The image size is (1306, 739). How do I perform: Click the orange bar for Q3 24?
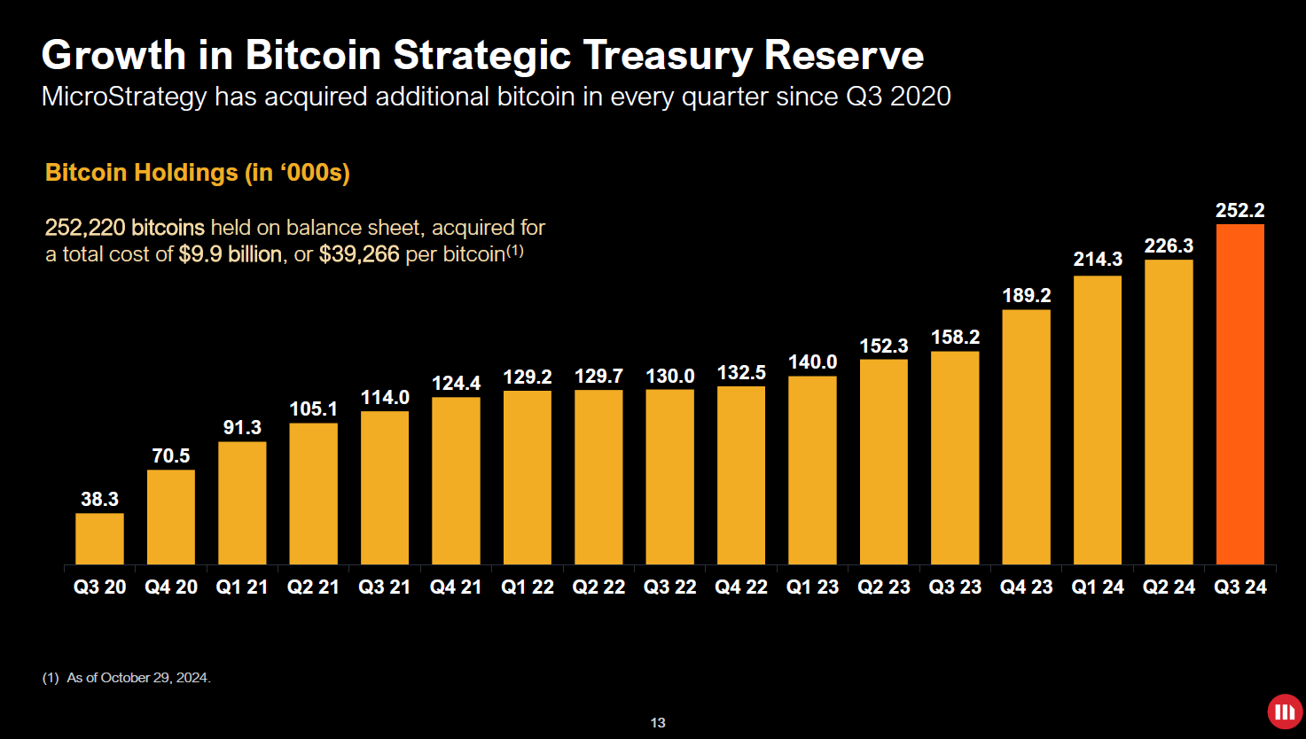(1240, 394)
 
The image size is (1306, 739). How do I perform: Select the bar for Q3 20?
(99, 539)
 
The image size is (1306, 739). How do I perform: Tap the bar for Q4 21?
(456, 480)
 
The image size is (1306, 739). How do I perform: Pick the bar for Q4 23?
(1026, 437)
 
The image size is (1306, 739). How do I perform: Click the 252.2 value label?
(1240, 211)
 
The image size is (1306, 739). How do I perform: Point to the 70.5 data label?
(170, 456)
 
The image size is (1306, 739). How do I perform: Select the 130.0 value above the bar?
(669, 377)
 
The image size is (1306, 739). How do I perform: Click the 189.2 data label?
(1026, 296)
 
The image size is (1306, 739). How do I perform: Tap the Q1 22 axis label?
(527, 587)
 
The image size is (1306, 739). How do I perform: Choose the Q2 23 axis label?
(883, 587)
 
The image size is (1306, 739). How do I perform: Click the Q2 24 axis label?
(1169, 587)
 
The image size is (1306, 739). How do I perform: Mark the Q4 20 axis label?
(170, 587)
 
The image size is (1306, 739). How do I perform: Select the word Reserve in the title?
(843, 55)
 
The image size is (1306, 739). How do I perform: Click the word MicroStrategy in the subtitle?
(124, 96)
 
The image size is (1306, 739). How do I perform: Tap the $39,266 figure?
(359, 255)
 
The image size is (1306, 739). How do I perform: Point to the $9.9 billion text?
(230, 255)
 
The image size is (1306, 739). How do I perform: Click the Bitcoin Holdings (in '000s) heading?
(198, 172)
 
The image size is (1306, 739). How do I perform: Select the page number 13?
(658, 723)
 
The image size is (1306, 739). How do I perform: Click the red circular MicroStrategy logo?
(1284, 712)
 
